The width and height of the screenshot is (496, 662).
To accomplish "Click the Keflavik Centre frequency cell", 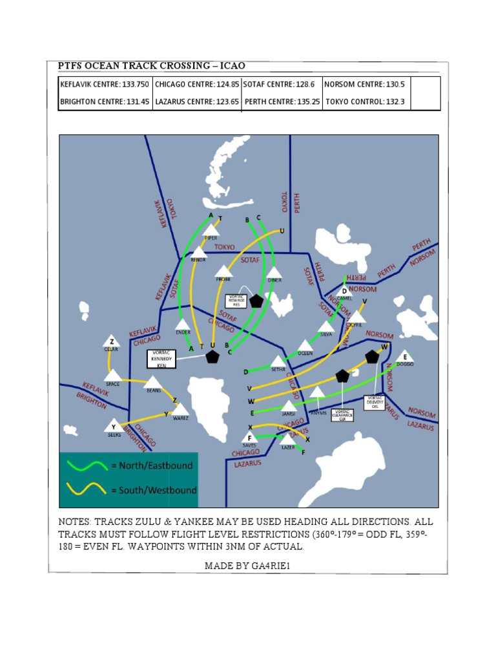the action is pos(105,85).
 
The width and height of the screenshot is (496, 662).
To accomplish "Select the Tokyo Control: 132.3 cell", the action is pos(365,101).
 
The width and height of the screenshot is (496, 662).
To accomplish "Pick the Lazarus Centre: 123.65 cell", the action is pos(197,101).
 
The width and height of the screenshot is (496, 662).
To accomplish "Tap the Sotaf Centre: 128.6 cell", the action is pos(281,85).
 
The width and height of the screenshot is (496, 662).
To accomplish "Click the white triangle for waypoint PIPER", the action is pos(211,230).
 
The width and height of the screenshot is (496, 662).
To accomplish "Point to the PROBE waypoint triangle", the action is pos(223,271).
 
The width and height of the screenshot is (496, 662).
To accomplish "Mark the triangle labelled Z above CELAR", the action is pos(112,341).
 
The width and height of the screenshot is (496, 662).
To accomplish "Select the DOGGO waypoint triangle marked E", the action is pos(405,356).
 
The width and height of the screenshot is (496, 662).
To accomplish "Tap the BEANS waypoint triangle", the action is pos(153,382).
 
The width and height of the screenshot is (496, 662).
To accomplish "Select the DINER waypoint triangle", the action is pos(274,273).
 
